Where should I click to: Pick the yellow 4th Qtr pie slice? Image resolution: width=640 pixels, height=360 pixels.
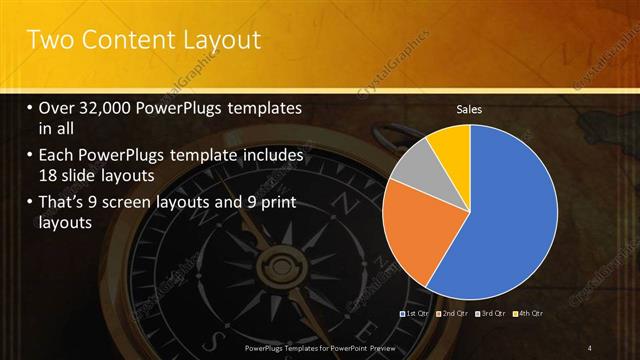pos(451,143)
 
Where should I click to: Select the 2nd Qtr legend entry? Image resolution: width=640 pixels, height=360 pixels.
pos(453,314)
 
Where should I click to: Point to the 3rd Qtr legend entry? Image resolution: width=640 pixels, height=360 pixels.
pos(491,314)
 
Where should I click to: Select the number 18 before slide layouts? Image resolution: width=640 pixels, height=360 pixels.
pos(49,175)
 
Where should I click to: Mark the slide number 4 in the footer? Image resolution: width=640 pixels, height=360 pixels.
pos(590,347)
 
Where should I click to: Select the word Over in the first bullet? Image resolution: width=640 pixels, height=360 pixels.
pos(58,108)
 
